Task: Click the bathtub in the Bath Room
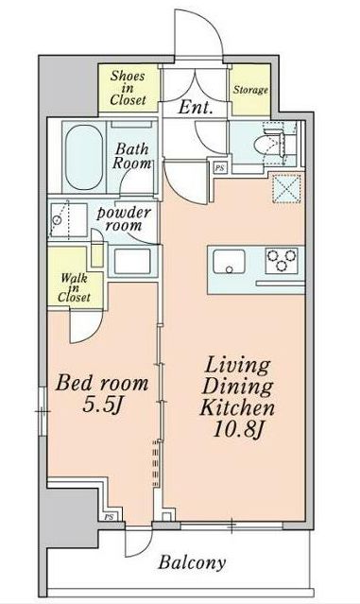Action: [x=84, y=157]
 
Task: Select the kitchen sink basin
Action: [x=229, y=261]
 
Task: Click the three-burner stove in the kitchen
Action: [x=282, y=260]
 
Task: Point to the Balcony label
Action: [x=192, y=563]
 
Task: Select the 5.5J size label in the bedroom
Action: [x=102, y=406]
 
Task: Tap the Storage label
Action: [x=250, y=90]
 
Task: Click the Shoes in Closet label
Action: [x=128, y=88]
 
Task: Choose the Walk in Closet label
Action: [x=74, y=287]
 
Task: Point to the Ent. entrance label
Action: [x=196, y=108]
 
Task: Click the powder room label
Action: [x=123, y=218]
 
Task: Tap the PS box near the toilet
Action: [x=220, y=168]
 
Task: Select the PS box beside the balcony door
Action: [x=109, y=517]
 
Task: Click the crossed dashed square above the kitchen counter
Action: [x=286, y=188]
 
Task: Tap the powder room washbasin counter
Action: [x=132, y=262]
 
